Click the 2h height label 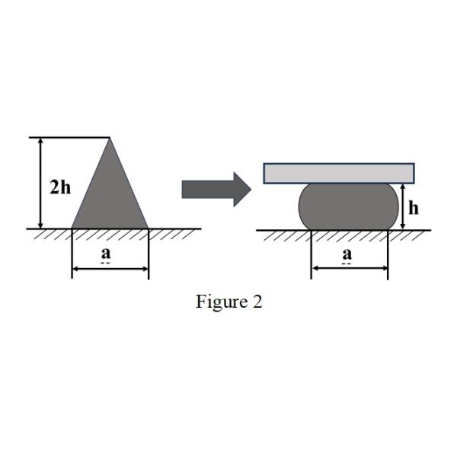click(60, 187)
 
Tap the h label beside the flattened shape click(413, 207)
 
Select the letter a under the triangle click(106, 253)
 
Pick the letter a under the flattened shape click(347, 254)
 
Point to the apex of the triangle click(110, 139)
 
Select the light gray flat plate click(339, 173)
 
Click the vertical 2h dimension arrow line click(40, 183)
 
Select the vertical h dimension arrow click(401, 206)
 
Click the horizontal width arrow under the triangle click(110, 269)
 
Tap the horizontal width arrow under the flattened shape click(349, 269)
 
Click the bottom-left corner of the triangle click(72, 228)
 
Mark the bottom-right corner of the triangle click(149, 228)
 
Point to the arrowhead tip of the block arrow click(251, 190)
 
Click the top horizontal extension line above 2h click(69, 138)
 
